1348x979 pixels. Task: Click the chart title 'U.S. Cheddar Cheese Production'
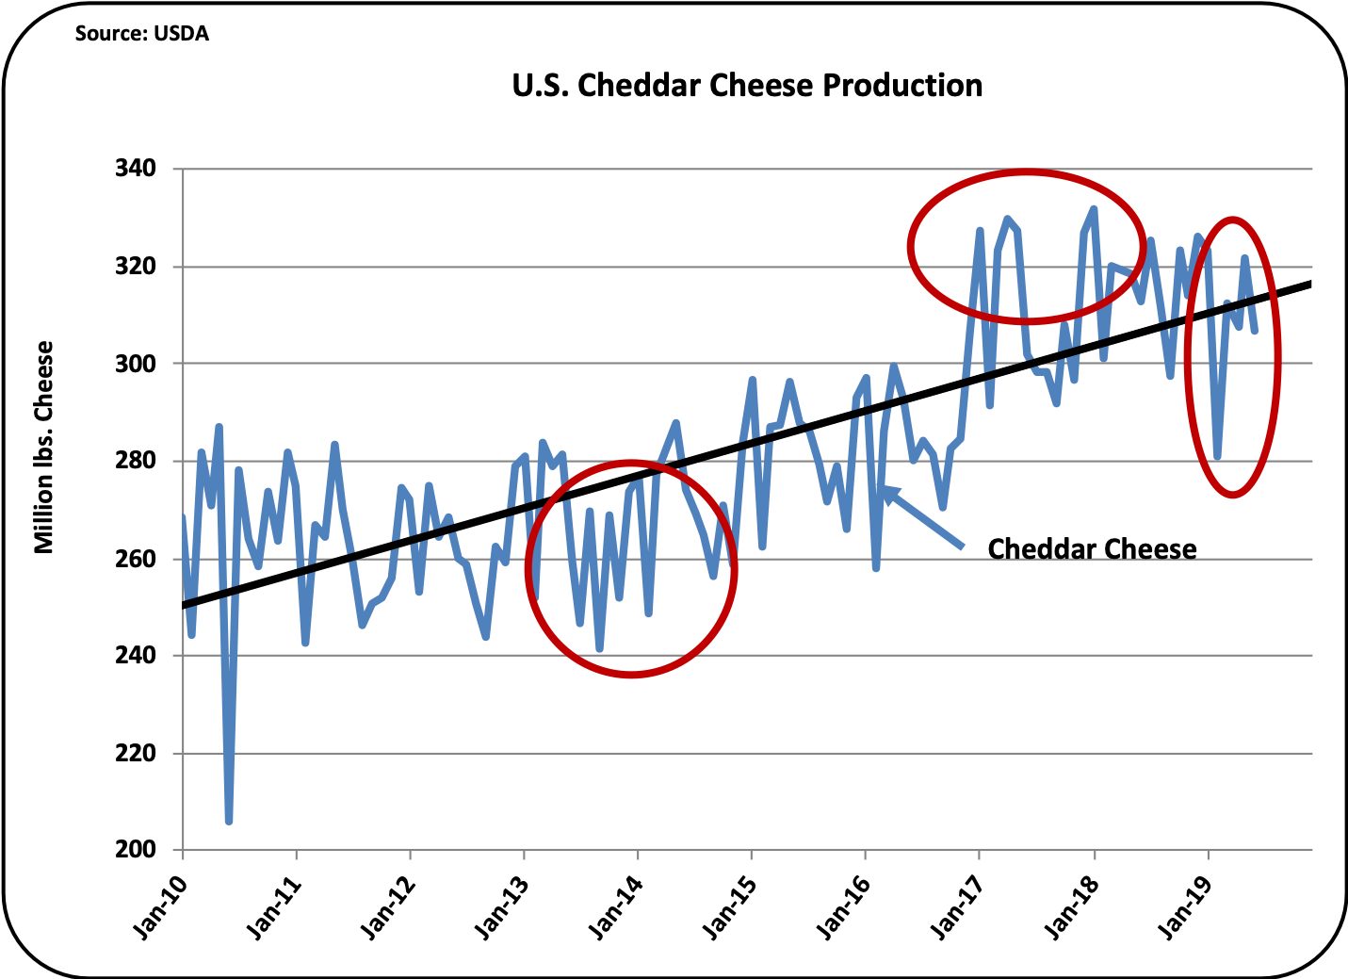pyautogui.click(x=747, y=86)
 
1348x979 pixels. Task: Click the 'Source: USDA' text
pyautogui.click(x=141, y=34)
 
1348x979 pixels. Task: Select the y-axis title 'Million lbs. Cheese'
pyautogui.click(x=43, y=448)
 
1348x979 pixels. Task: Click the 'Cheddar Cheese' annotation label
pyautogui.click(x=1092, y=549)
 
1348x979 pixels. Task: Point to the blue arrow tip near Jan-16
pyautogui.click(x=884, y=488)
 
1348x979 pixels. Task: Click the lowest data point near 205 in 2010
pyautogui.click(x=229, y=822)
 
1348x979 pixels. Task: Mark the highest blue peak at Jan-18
pyautogui.click(x=1094, y=208)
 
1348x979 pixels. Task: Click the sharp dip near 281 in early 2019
pyautogui.click(x=1217, y=457)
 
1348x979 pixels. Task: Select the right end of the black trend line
pyautogui.click(x=1309, y=283)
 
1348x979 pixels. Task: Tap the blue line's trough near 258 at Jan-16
pyautogui.click(x=876, y=568)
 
